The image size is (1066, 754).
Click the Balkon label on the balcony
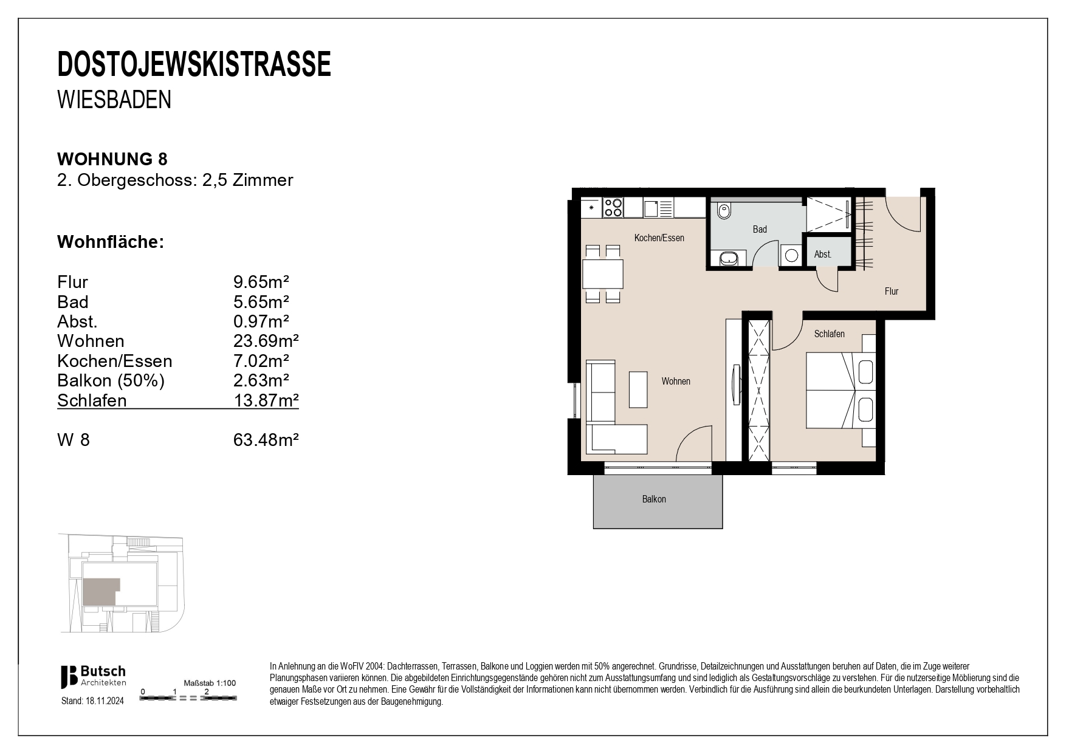pos(654,499)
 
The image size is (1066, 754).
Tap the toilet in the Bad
pos(724,212)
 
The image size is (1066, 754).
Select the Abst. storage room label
pos(822,255)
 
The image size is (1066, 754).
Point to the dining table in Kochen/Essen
pos(603,274)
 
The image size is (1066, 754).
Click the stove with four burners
pos(613,208)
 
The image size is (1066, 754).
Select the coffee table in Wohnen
pos(638,389)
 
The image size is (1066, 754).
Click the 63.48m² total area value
pos(266,440)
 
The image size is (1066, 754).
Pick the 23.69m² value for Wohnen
pos(266,341)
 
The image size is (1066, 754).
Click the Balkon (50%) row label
pos(111,381)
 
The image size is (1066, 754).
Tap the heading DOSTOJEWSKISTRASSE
pos(194,65)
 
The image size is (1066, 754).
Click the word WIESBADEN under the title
pos(114,100)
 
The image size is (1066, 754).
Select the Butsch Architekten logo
pos(93,676)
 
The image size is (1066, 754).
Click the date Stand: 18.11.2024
pos(92,701)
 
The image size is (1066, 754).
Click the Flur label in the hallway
pos(891,292)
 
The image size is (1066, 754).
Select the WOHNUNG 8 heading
pos(112,159)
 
